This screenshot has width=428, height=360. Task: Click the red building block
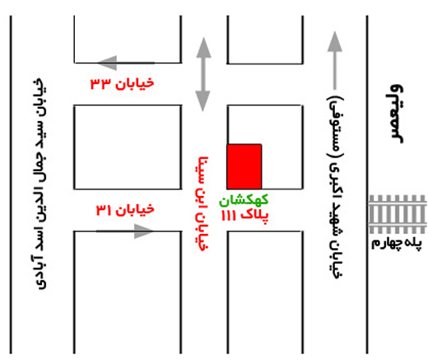[244, 166]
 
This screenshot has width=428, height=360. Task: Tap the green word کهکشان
[244, 200]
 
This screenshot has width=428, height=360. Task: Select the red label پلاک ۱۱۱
[244, 216]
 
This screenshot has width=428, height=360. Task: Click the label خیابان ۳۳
[123, 83]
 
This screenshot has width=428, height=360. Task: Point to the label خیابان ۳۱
[125, 210]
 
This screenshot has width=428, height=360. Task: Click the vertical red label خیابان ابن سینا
[203, 203]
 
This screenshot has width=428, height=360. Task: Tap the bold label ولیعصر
[396, 114]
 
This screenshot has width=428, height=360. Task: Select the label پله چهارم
[397, 244]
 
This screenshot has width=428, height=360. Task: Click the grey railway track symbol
[398, 214]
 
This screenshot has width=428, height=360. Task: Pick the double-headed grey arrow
[203, 74]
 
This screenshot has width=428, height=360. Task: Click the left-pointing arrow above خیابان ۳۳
[126, 63]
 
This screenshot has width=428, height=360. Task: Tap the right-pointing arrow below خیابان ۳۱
[125, 231]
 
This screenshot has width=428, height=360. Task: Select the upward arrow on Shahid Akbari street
[335, 60]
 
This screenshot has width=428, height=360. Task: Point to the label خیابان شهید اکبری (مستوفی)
[336, 187]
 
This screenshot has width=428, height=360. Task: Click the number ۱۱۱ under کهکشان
[228, 216]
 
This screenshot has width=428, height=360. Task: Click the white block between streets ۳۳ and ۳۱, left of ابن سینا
[128, 147]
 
